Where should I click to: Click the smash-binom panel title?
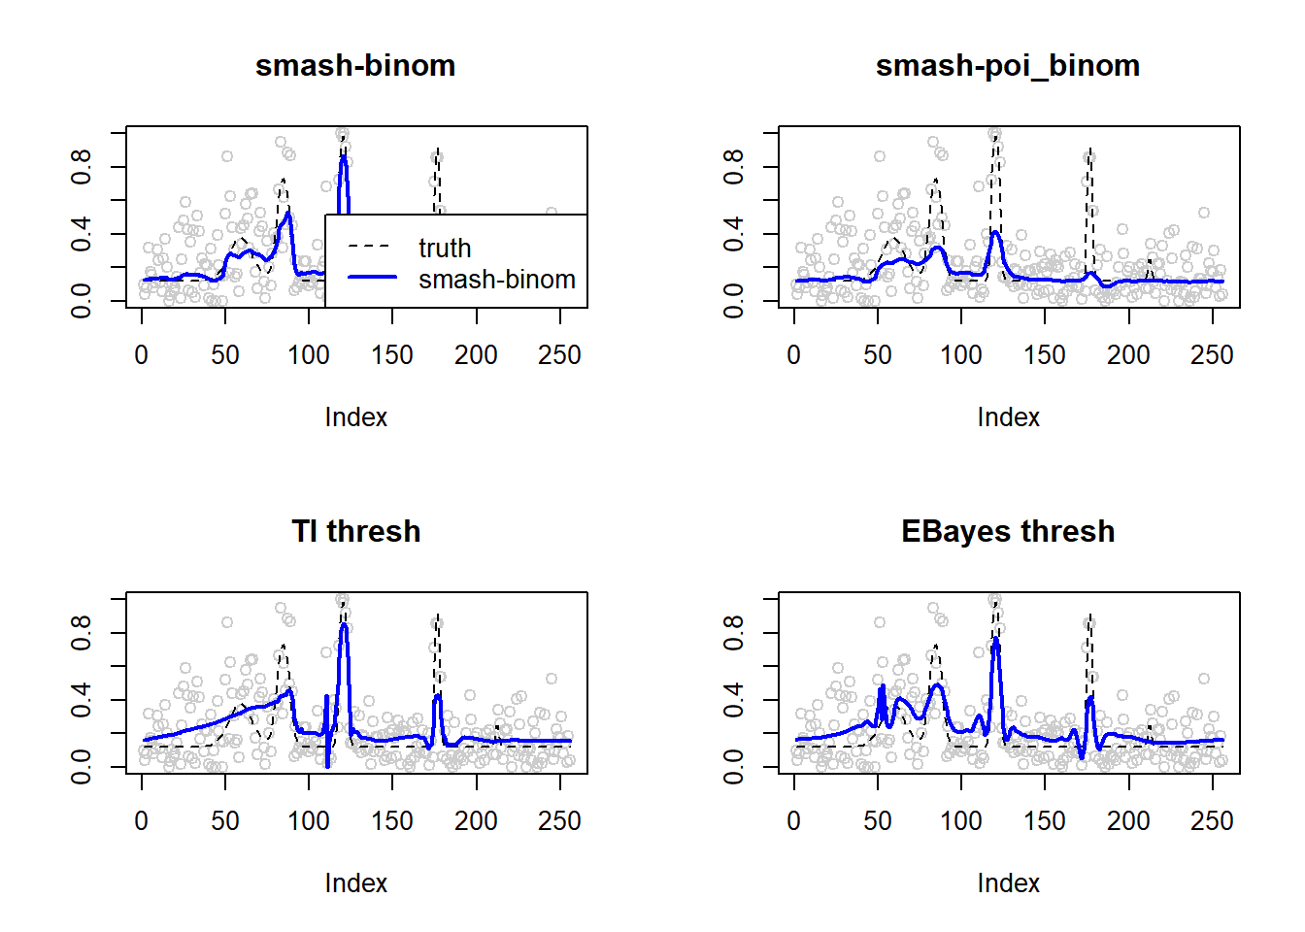(x=355, y=66)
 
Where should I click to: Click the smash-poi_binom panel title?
(x=1008, y=66)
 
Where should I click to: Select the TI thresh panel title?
(x=355, y=532)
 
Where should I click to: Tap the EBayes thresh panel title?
(x=1008, y=532)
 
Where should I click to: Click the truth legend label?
(x=445, y=249)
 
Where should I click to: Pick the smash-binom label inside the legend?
(x=497, y=280)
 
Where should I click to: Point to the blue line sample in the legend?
(x=372, y=278)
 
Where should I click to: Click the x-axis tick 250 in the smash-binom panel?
(x=559, y=355)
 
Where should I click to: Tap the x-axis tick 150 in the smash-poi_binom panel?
(x=1045, y=355)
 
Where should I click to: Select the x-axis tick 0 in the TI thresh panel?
(x=142, y=821)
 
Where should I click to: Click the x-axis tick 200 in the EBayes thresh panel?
(x=1128, y=821)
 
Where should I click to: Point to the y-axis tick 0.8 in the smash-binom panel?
(x=82, y=167)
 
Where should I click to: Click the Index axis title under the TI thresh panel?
(x=355, y=883)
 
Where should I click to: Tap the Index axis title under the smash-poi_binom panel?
(x=1008, y=417)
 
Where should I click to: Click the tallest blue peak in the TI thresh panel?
(x=345, y=625)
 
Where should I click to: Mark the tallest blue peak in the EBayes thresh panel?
(x=996, y=639)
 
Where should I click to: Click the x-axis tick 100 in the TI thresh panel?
(x=309, y=821)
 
